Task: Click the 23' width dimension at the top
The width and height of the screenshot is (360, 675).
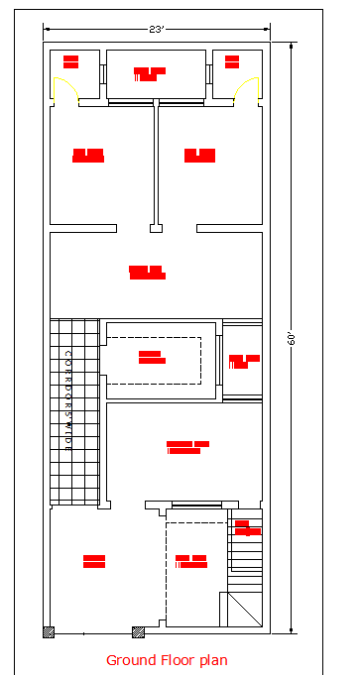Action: (156, 30)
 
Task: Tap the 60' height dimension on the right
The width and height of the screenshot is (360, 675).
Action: (293, 338)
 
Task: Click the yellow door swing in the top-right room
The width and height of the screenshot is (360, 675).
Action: (244, 91)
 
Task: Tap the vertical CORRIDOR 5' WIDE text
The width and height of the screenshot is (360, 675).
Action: (68, 400)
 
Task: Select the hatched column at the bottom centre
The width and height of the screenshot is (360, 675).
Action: (139, 631)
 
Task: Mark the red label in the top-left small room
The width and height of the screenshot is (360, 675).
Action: (70, 61)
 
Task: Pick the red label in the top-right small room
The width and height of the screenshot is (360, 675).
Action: (232, 61)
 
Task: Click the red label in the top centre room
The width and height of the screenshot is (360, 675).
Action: (150, 73)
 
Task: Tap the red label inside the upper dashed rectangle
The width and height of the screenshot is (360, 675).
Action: (151, 357)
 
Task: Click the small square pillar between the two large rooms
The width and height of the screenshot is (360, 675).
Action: (156, 229)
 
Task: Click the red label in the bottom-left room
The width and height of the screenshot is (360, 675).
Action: (94, 561)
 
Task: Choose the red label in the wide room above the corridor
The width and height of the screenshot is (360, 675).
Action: (147, 272)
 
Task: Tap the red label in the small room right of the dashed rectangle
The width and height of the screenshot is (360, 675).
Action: (243, 361)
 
